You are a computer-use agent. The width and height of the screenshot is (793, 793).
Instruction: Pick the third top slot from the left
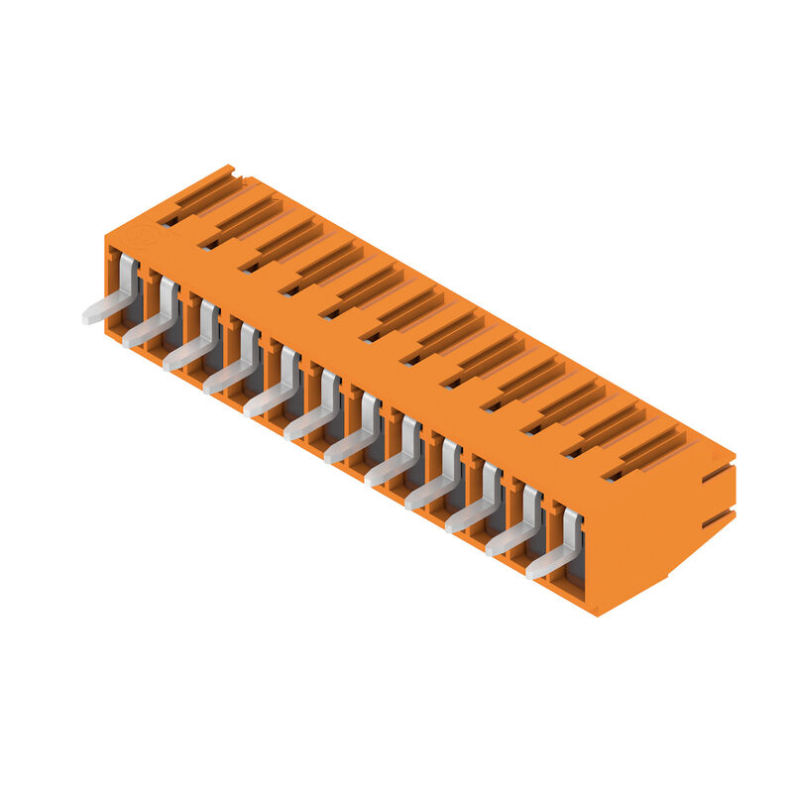(x=283, y=243)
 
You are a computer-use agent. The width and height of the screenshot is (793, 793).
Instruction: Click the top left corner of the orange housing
(x=106, y=237)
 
